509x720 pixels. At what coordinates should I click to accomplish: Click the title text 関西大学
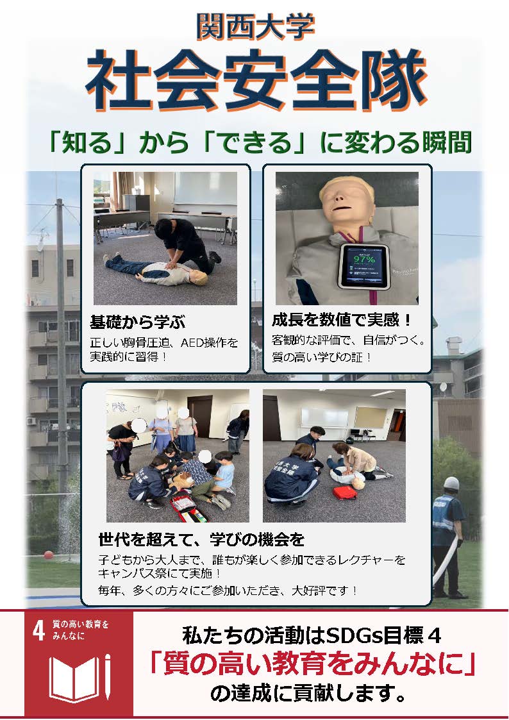tap(255, 27)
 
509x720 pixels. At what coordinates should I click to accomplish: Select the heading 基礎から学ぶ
tap(137, 322)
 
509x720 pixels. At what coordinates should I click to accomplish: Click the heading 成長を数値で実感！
tap(342, 319)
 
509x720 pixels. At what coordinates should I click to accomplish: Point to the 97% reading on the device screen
tap(364, 260)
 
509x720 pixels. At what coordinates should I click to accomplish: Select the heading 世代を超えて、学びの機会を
tap(201, 539)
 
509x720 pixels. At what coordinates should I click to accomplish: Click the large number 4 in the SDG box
tap(38, 630)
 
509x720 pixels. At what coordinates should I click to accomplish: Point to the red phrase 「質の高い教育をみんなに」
tap(313, 664)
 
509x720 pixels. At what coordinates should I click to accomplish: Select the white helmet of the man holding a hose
tap(452, 483)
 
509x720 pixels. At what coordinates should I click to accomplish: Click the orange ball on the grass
tap(48, 554)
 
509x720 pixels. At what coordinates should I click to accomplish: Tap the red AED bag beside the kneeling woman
tap(345, 492)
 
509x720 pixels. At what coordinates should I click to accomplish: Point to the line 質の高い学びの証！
tap(321, 356)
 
